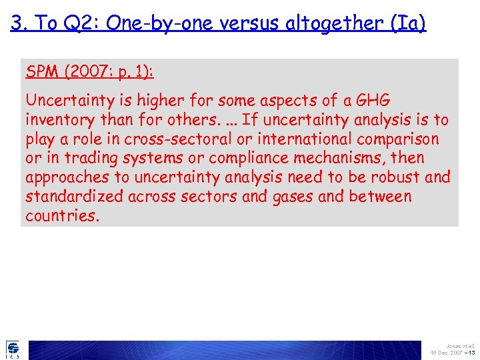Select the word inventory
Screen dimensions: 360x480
tap(56, 120)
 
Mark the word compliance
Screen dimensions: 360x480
tap(235, 159)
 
